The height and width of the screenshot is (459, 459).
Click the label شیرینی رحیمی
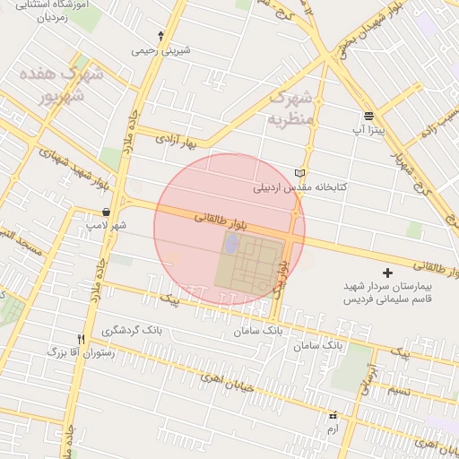[x=161, y=51]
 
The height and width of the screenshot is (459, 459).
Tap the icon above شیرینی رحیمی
[x=160, y=37]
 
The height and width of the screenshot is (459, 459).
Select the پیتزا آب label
[x=368, y=130]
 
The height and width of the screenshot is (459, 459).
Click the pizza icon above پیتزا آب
[x=368, y=116]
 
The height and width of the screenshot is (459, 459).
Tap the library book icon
[x=299, y=173]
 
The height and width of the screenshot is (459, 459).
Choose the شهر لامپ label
[x=107, y=225]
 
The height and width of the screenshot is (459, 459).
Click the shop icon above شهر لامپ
[x=107, y=212]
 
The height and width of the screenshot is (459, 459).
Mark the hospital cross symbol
[x=387, y=272]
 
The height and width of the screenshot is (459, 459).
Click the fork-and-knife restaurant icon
[x=82, y=339]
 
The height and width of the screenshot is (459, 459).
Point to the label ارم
[x=333, y=429]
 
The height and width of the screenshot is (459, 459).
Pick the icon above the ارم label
[x=333, y=415]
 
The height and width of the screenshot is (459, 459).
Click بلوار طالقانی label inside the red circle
[x=219, y=218]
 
